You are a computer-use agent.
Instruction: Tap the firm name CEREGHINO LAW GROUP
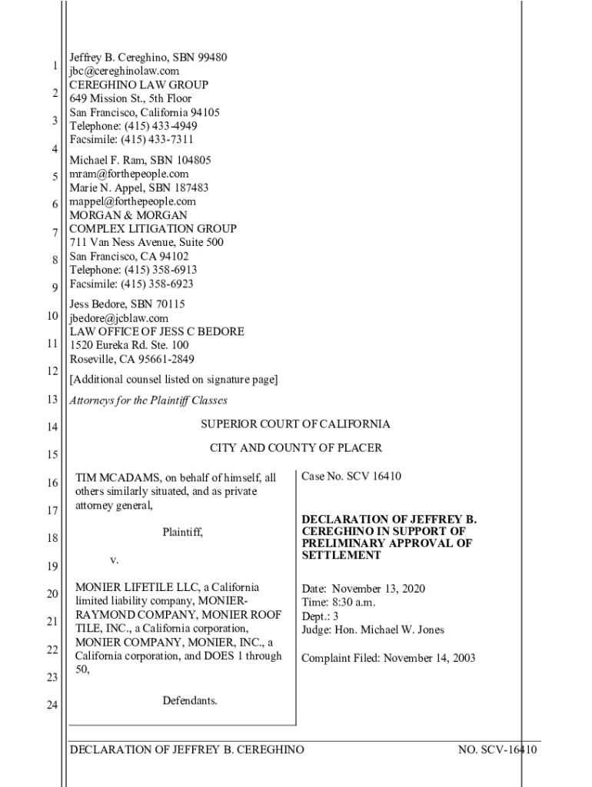[138, 85]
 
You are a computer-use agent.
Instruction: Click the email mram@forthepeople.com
[128, 174]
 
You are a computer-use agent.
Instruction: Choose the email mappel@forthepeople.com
[132, 201]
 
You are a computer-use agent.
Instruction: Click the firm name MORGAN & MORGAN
[128, 215]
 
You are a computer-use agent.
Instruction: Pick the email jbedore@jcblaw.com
[118, 318]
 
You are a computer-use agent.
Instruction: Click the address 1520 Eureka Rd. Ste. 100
[128, 346]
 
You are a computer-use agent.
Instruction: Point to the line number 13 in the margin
[52, 400]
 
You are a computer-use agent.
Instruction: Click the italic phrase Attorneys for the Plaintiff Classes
[148, 400]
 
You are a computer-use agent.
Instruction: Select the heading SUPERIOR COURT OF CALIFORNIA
[295, 424]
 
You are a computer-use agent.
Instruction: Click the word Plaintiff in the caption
[182, 532]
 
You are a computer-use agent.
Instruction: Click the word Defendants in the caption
[189, 700]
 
